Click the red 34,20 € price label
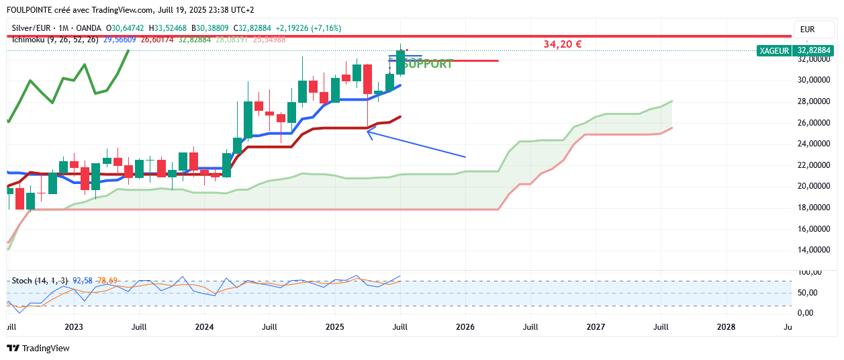pyautogui.click(x=562, y=44)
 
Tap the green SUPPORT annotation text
pyautogui.click(x=428, y=64)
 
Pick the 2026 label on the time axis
pyautogui.click(x=465, y=327)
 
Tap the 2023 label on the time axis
pyautogui.click(x=73, y=327)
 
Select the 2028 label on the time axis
pyautogui.click(x=726, y=327)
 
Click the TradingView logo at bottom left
pyautogui.click(x=38, y=348)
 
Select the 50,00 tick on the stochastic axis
pyautogui.click(x=808, y=293)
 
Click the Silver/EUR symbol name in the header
pyautogui.click(x=34, y=28)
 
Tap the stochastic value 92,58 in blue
pyautogui.click(x=83, y=280)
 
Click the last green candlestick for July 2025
pyautogui.click(x=401, y=62)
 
